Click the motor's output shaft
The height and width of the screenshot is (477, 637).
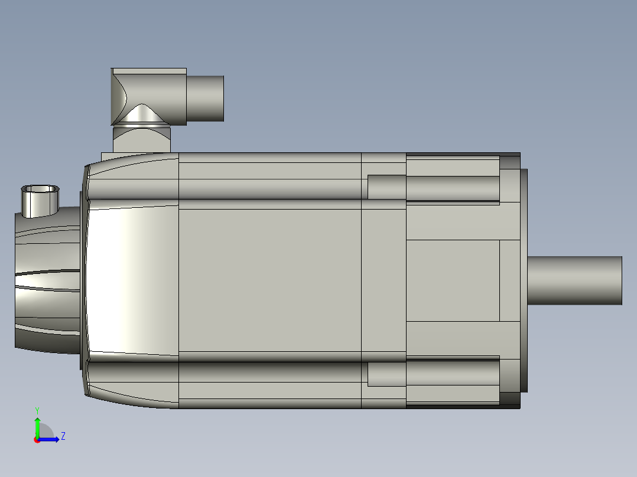click(x=575, y=280)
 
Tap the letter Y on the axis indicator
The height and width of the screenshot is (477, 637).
click(x=37, y=410)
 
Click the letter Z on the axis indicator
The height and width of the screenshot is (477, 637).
click(x=63, y=436)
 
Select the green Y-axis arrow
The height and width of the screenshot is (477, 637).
click(x=37, y=427)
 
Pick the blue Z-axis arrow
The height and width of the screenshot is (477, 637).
click(x=48, y=439)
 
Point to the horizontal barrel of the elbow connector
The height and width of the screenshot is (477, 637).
click(x=205, y=98)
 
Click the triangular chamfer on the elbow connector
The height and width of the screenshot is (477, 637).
click(x=142, y=114)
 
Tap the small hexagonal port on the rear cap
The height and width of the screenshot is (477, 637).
click(x=40, y=201)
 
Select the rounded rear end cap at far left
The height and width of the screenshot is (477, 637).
click(x=47, y=280)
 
